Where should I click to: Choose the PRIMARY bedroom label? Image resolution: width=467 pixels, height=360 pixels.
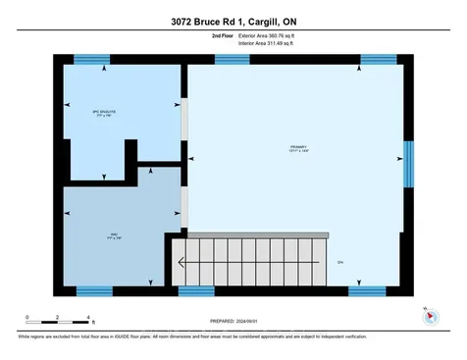pos(296,149)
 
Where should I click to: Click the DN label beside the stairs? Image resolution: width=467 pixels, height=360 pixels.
pos(340,263)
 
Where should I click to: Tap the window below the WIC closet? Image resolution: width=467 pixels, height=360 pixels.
pos(95,290)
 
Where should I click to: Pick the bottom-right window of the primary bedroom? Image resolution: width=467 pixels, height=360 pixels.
pos(366,290)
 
